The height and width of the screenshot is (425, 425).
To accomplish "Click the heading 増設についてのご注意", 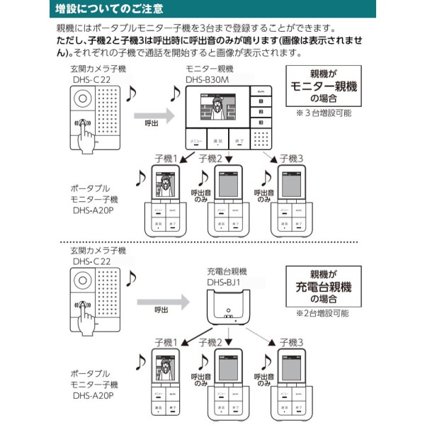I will (110, 9).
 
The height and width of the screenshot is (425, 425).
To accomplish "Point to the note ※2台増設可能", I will (327, 312).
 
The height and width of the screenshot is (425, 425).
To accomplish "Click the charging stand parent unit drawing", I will (227, 311).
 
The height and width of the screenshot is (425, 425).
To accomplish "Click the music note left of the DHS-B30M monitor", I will (174, 94).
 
